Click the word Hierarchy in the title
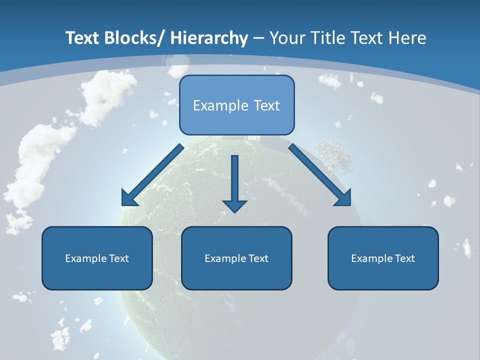209,38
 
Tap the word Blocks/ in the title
134,38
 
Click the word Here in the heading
406,38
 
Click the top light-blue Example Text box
236,105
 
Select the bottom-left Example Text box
97,258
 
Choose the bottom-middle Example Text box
236,258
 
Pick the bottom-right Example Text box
383,258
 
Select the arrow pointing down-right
320,175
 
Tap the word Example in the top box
220,105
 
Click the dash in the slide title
258,38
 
